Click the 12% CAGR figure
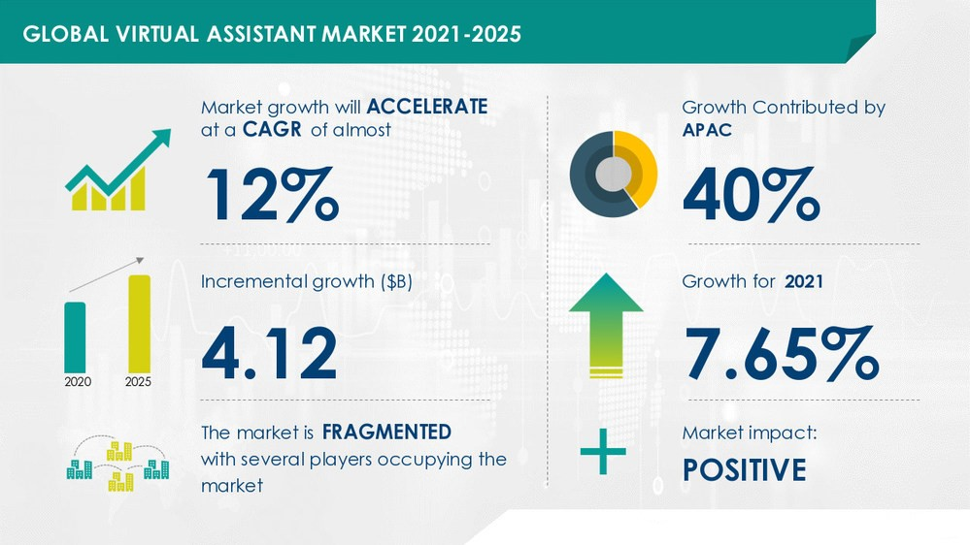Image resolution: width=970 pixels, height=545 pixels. [x=272, y=195]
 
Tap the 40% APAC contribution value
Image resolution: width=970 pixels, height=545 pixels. [x=752, y=195]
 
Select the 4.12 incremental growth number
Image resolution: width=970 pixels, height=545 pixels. [x=269, y=353]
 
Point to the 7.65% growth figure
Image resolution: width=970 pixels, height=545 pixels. [x=782, y=353]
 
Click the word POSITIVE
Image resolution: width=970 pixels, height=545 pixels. [x=744, y=469]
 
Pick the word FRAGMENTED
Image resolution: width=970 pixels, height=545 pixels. [x=386, y=432]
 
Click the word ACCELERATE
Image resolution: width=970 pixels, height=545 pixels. [x=427, y=107]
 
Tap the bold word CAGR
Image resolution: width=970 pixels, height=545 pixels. [x=272, y=129]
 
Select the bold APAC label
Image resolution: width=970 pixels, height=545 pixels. [x=707, y=130]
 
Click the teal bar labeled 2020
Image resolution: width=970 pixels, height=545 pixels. [x=75, y=337]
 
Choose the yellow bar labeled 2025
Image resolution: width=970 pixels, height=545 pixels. [x=139, y=324]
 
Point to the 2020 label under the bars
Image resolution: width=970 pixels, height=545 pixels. [x=78, y=382]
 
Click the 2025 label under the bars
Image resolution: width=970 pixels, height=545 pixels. [x=138, y=382]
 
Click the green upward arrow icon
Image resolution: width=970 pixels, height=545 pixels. [x=606, y=325]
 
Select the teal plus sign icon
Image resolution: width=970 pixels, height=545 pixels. [x=603, y=452]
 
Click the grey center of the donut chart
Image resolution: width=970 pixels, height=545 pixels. [x=613, y=174]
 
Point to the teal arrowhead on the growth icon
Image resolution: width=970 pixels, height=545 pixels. [x=161, y=137]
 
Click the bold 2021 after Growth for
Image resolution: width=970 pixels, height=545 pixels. [x=804, y=282]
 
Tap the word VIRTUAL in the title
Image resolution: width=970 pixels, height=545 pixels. [x=157, y=34]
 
